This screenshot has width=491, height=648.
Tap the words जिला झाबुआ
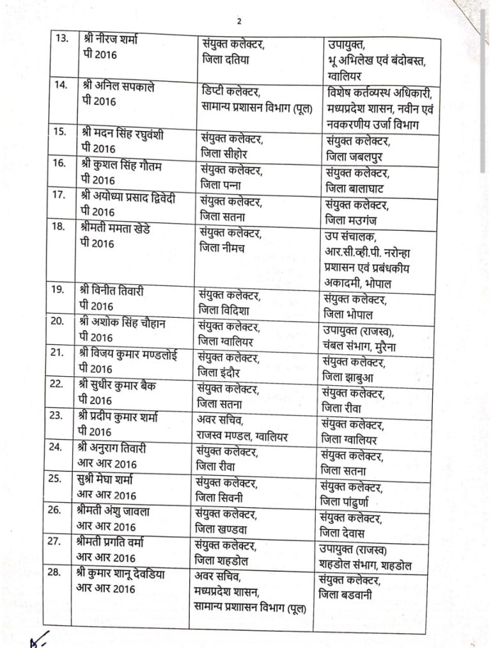click(348, 377)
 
